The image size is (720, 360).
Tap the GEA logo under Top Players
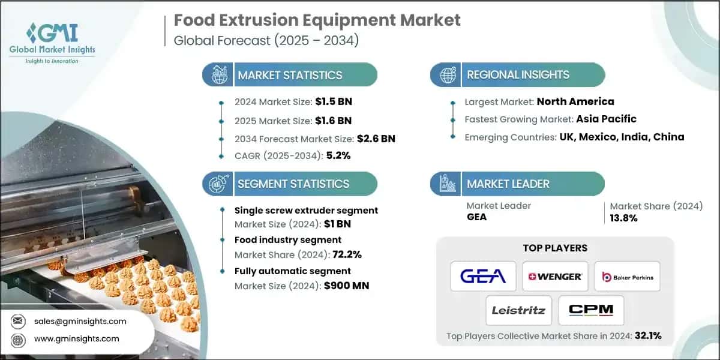pyautogui.click(x=483, y=277)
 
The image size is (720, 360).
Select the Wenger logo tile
pyautogui.click(x=555, y=277)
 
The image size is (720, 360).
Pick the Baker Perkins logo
pyautogui.click(x=627, y=277)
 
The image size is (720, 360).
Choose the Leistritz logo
pyautogui.click(x=519, y=310)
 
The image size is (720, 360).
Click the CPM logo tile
pyautogui.click(x=591, y=310)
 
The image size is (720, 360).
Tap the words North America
pyautogui.click(x=575, y=101)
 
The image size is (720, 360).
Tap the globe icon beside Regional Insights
pyautogui.click(x=448, y=75)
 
